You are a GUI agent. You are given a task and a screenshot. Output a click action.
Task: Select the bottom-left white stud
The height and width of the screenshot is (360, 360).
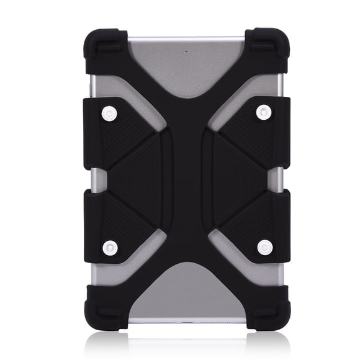(110, 247)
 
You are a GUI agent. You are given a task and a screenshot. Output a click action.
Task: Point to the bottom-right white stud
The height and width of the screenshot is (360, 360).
(264, 247)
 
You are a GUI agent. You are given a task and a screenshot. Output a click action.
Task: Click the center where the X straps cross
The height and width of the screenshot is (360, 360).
(187, 180)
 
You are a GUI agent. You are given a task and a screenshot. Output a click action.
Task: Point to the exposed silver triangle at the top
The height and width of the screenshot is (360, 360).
(187, 68)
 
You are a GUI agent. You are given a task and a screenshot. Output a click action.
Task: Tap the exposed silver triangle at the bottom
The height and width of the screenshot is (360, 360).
(187, 292)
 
